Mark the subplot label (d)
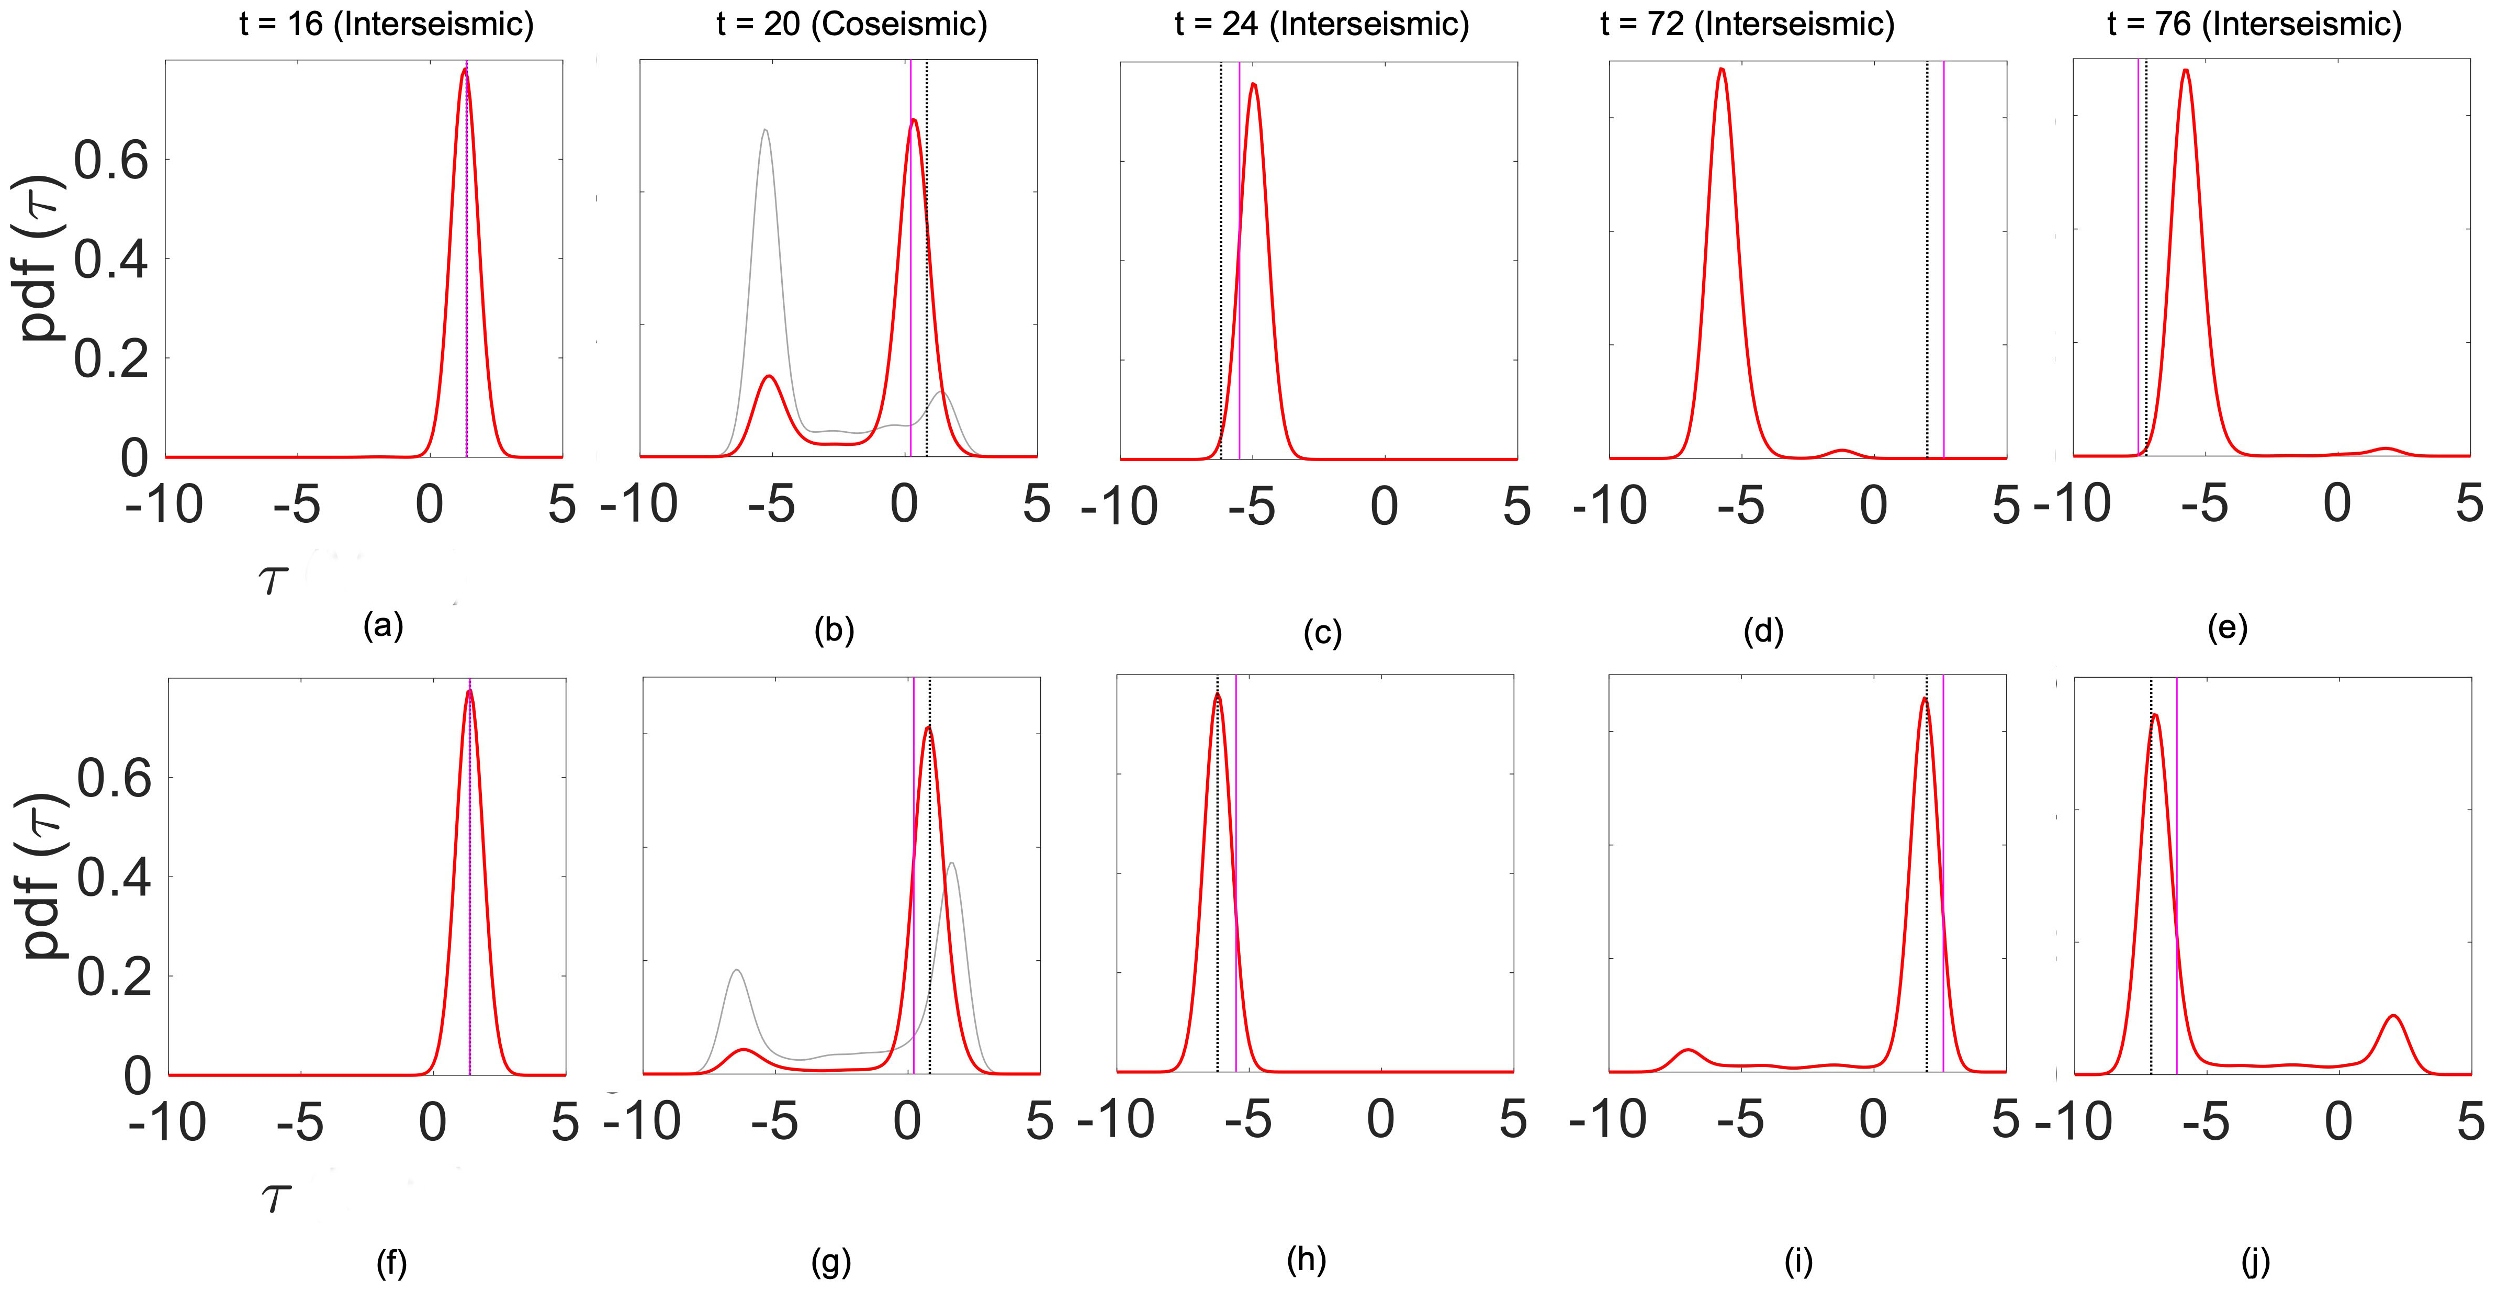(x=1762, y=631)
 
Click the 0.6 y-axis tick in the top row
(x=111, y=161)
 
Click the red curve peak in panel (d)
(x=1722, y=70)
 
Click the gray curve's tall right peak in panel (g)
(x=953, y=863)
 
